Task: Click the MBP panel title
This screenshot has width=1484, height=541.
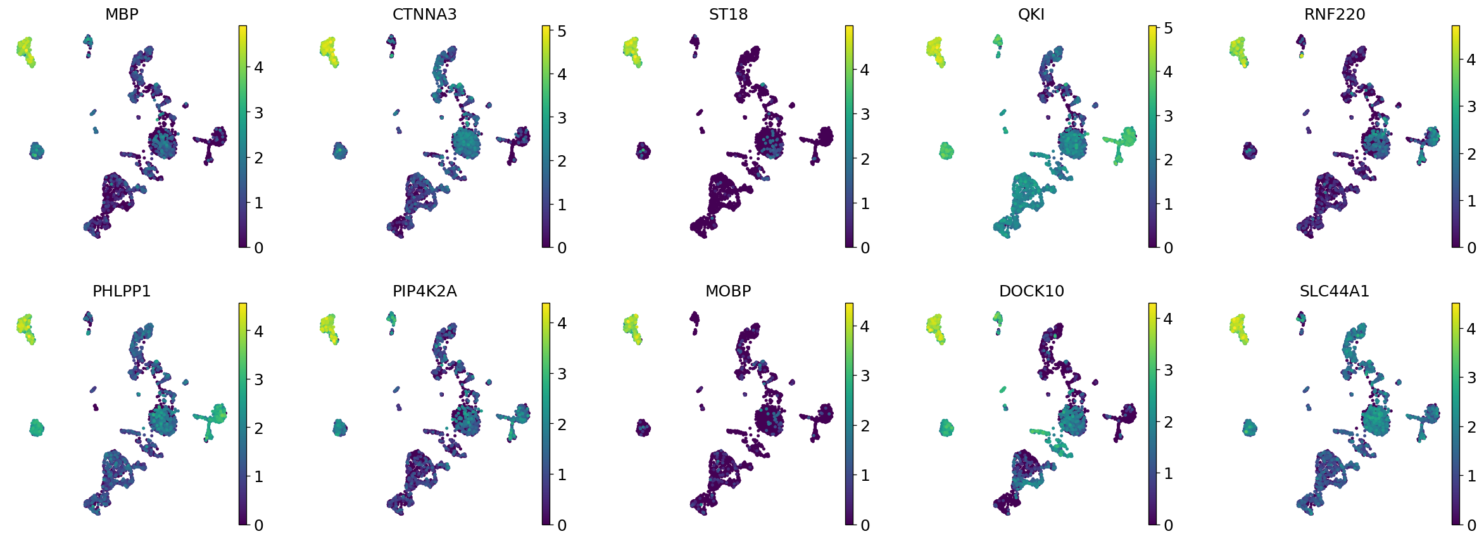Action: tap(122, 15)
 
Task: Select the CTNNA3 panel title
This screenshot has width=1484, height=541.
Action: tap(424, 15)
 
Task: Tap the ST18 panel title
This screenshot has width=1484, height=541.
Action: tap(728, 15)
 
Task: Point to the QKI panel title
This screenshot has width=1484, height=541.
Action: tap(1031, 15)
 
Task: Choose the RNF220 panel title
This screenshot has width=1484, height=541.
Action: tap(1335, 15)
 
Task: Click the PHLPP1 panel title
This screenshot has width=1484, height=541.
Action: tap(122, 291)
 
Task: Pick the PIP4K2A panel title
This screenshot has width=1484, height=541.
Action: tap(424, 291)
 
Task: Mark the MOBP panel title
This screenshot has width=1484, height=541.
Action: tap(728, 291)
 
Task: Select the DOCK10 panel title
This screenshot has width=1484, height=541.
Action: tap(1031, 291)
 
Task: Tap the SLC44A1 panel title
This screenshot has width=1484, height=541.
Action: tap(1335, 291)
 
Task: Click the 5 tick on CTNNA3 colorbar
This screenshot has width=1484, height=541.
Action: tap(561, 31)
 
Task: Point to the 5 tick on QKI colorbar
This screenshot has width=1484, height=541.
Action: tap(1168, 29)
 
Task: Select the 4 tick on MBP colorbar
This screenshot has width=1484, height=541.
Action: tap(258, 68)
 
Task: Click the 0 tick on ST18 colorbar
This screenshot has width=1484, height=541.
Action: tap(865, 248)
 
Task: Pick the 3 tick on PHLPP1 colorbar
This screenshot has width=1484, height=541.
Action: tap(258, 380)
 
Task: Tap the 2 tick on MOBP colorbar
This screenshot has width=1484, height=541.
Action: tap(865, 426)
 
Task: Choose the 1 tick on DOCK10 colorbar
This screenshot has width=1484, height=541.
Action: tap(1168, 473)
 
